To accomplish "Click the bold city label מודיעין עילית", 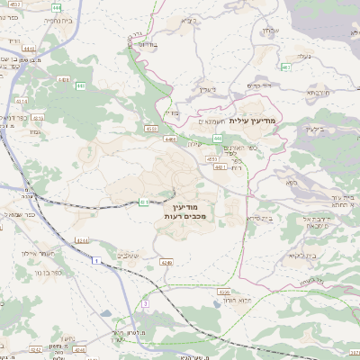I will (x=256, y=120).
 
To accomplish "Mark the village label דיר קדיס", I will (x=259, y=85).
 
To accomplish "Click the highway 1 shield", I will (x=94, y=260).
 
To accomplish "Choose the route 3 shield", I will (x=145, y=304).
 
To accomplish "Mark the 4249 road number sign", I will (x=166, y=262).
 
